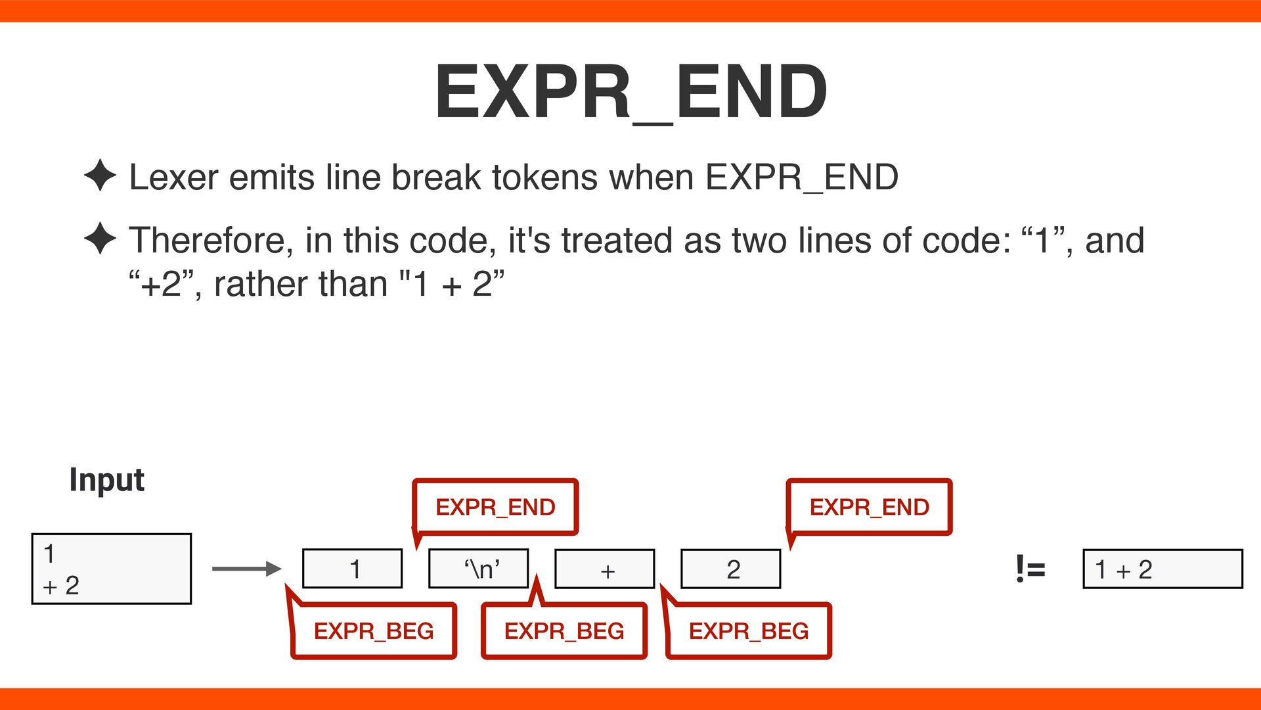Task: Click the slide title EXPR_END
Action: click(x=630, y=92)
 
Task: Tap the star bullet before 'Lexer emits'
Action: click(x=100, y=176)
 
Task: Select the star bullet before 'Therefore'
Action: click(x=100, y=238)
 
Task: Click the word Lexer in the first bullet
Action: click(x=173, y=177)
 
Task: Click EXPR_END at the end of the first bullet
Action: click(x=802, y=177)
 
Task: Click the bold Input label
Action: click(x=106, y=480)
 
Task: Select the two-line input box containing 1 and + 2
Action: click(x=112, y=569)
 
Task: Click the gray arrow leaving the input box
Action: click(x=246, y=569)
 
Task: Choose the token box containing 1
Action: click(x=352, y=569)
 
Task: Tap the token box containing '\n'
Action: click(x=478, y=569)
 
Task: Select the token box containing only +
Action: click(x=605, y=569)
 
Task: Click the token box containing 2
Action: click(x=731, y=569)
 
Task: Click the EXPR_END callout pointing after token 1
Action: click(x=495, y=507)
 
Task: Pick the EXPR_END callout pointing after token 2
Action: click(x=869, y=507)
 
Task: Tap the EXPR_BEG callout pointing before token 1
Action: click(x=374, y=631)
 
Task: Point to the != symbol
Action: click(x=1030, y=569)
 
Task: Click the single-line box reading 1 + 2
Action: click(x=1162, y=569)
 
